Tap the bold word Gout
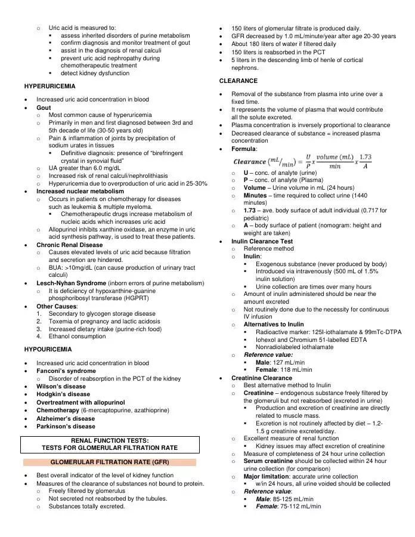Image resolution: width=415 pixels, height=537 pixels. pos(44,108)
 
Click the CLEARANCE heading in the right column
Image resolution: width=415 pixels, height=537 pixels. pos(239,81)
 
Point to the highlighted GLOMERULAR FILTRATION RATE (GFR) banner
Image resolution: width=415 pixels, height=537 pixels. pos(109,462)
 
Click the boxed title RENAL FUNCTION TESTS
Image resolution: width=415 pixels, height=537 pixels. pos(110,440)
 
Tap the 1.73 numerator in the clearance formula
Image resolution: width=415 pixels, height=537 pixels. pos(366,158)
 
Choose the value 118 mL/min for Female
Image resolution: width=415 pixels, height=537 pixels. pos(294,370)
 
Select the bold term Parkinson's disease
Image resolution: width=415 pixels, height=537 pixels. pos(66,427)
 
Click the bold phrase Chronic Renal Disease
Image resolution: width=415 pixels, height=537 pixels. pos(69,245)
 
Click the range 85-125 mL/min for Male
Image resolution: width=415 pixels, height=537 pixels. pos(292,499)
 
